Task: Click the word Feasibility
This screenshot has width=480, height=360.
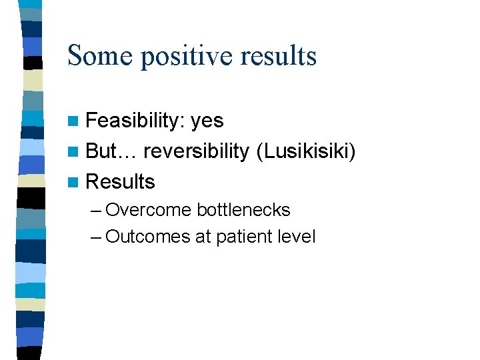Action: [135, 121]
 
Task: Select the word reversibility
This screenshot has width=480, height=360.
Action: [196, 152]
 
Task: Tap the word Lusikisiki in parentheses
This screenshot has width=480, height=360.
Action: [305, 152]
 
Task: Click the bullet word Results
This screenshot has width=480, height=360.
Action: [121, 181]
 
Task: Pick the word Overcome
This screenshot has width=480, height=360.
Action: [149, 210]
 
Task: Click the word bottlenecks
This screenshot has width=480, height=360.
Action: [243, 210]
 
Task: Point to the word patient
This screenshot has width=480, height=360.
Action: [244, 237]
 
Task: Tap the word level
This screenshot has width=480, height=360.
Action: [297, 237]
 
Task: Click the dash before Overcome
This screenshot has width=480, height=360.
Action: [95, 211]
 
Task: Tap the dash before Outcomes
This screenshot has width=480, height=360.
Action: [95, 237]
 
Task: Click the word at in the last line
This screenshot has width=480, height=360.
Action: [203, 237]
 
